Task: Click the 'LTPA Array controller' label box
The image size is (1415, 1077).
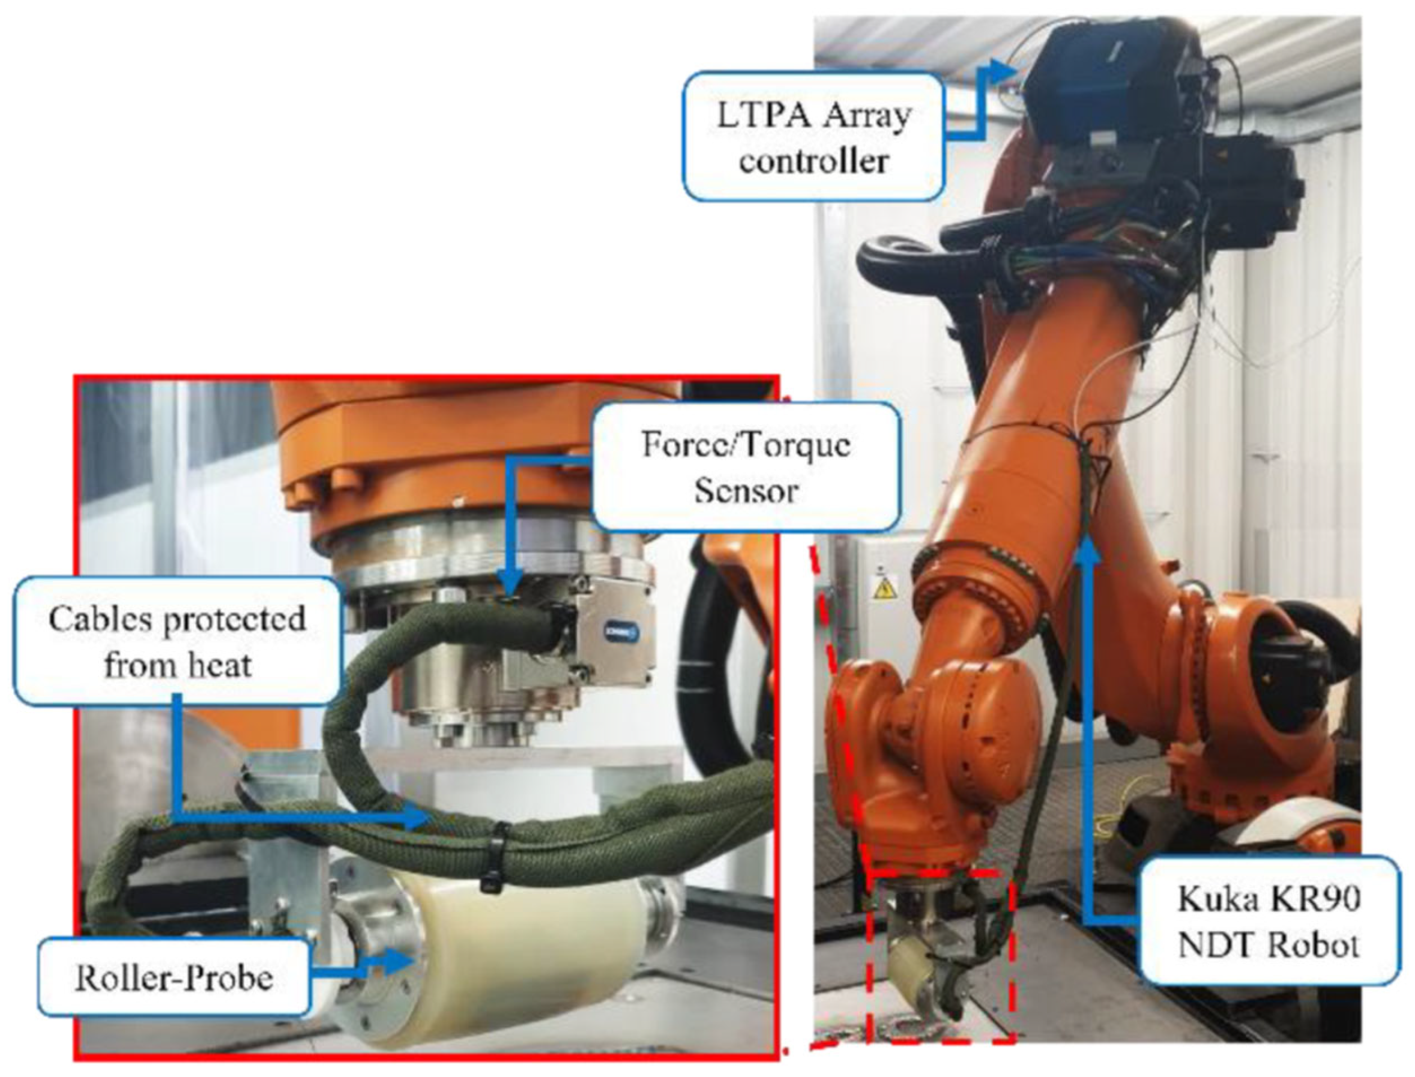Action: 813,136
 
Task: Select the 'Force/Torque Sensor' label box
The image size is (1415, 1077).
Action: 746,466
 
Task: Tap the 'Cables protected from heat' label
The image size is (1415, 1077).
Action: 176,642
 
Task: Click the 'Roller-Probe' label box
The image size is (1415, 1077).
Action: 174,977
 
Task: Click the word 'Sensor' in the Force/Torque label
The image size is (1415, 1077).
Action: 746,490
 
